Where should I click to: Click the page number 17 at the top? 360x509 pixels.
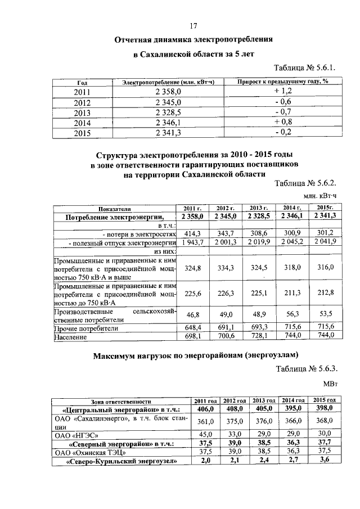194,26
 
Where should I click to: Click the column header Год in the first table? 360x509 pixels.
82,82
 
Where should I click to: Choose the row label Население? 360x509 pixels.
70,336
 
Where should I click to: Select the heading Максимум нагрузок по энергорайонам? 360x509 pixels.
194,354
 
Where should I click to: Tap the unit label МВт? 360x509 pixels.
330,384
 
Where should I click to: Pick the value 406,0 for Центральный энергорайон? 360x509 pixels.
206,409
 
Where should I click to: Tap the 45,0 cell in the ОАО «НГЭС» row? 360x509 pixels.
206,434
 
